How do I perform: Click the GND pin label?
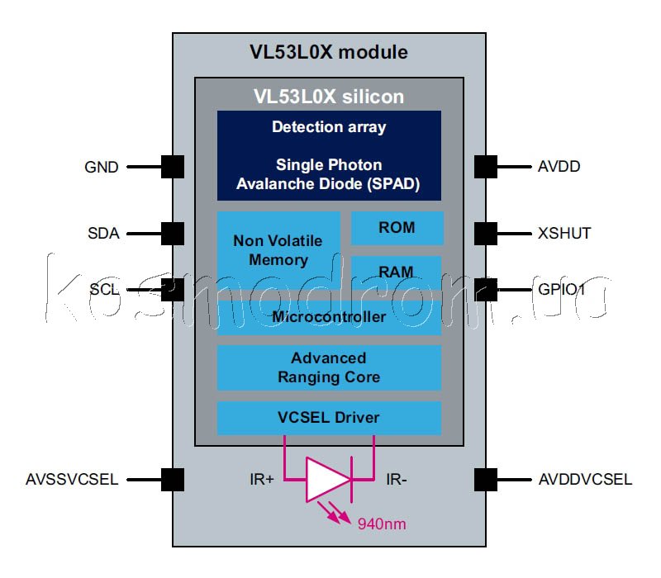[x=102, y=167]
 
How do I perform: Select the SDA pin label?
[x=103, y=233]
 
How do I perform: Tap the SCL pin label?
[x=103, y=290]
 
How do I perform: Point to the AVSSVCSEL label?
[x=73, y=479]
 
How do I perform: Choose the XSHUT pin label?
[x=564, y=233]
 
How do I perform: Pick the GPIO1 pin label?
[x=561, y=290]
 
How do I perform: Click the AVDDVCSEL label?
[x=584, y=479]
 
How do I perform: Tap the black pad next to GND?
[x=172, y=167]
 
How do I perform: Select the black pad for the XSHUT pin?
[x=486, y=233]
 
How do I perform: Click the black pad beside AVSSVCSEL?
[x=172, y=479]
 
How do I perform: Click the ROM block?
[x=397, y=228]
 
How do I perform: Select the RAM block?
[x=397, y=272]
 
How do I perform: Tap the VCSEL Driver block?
[x=329, y=417]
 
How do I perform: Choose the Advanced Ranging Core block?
[x=329, y=367]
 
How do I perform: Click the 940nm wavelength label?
[x=381, y=524]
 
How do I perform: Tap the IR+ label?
[x=262, y=479]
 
